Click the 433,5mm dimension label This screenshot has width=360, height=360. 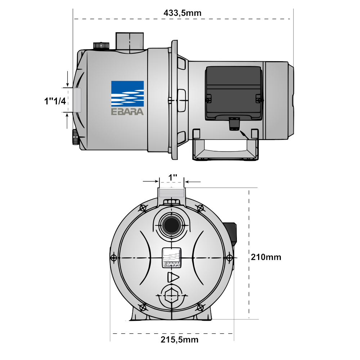(x=183, y=13)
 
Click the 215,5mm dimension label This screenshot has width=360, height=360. (x=179, y=340)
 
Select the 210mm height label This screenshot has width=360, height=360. (x=266, y=257)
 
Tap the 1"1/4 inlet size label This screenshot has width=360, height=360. (x=53, y=101)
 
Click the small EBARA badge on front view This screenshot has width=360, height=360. (x=171, y=258)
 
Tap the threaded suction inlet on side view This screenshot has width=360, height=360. (x=77, y=100)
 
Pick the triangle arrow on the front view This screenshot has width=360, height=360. (x=173, y=278)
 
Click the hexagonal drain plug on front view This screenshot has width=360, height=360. (x=171, y=295)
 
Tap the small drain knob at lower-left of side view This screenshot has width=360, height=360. (x=75, y=137)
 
